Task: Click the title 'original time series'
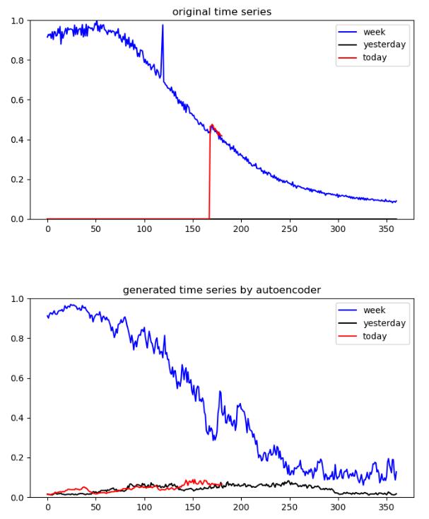click(x=221, y=11)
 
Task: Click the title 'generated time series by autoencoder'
click(x=221, y=290)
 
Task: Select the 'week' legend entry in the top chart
click(x=374, y=32)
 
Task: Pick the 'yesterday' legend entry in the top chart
click(x=384, y=45)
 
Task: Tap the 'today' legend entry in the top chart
click(x=375, y=57)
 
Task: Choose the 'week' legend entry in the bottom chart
click(x=374, y=310)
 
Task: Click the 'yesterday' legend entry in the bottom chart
click(x=384, y=323)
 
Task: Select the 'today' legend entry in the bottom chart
click(x=375, y=336)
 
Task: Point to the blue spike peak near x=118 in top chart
click(x=163, y=25)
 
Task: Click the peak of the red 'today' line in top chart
click(x=211, y=125)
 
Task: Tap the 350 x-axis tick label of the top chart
click(x=387, y=230)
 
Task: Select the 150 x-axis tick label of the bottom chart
click(x=193, y=508)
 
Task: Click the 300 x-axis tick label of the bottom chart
click(x=339, y=508)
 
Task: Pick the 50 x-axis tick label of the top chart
click(x=96, y=230)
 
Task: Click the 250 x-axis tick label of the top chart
click(x=290, y=230)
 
